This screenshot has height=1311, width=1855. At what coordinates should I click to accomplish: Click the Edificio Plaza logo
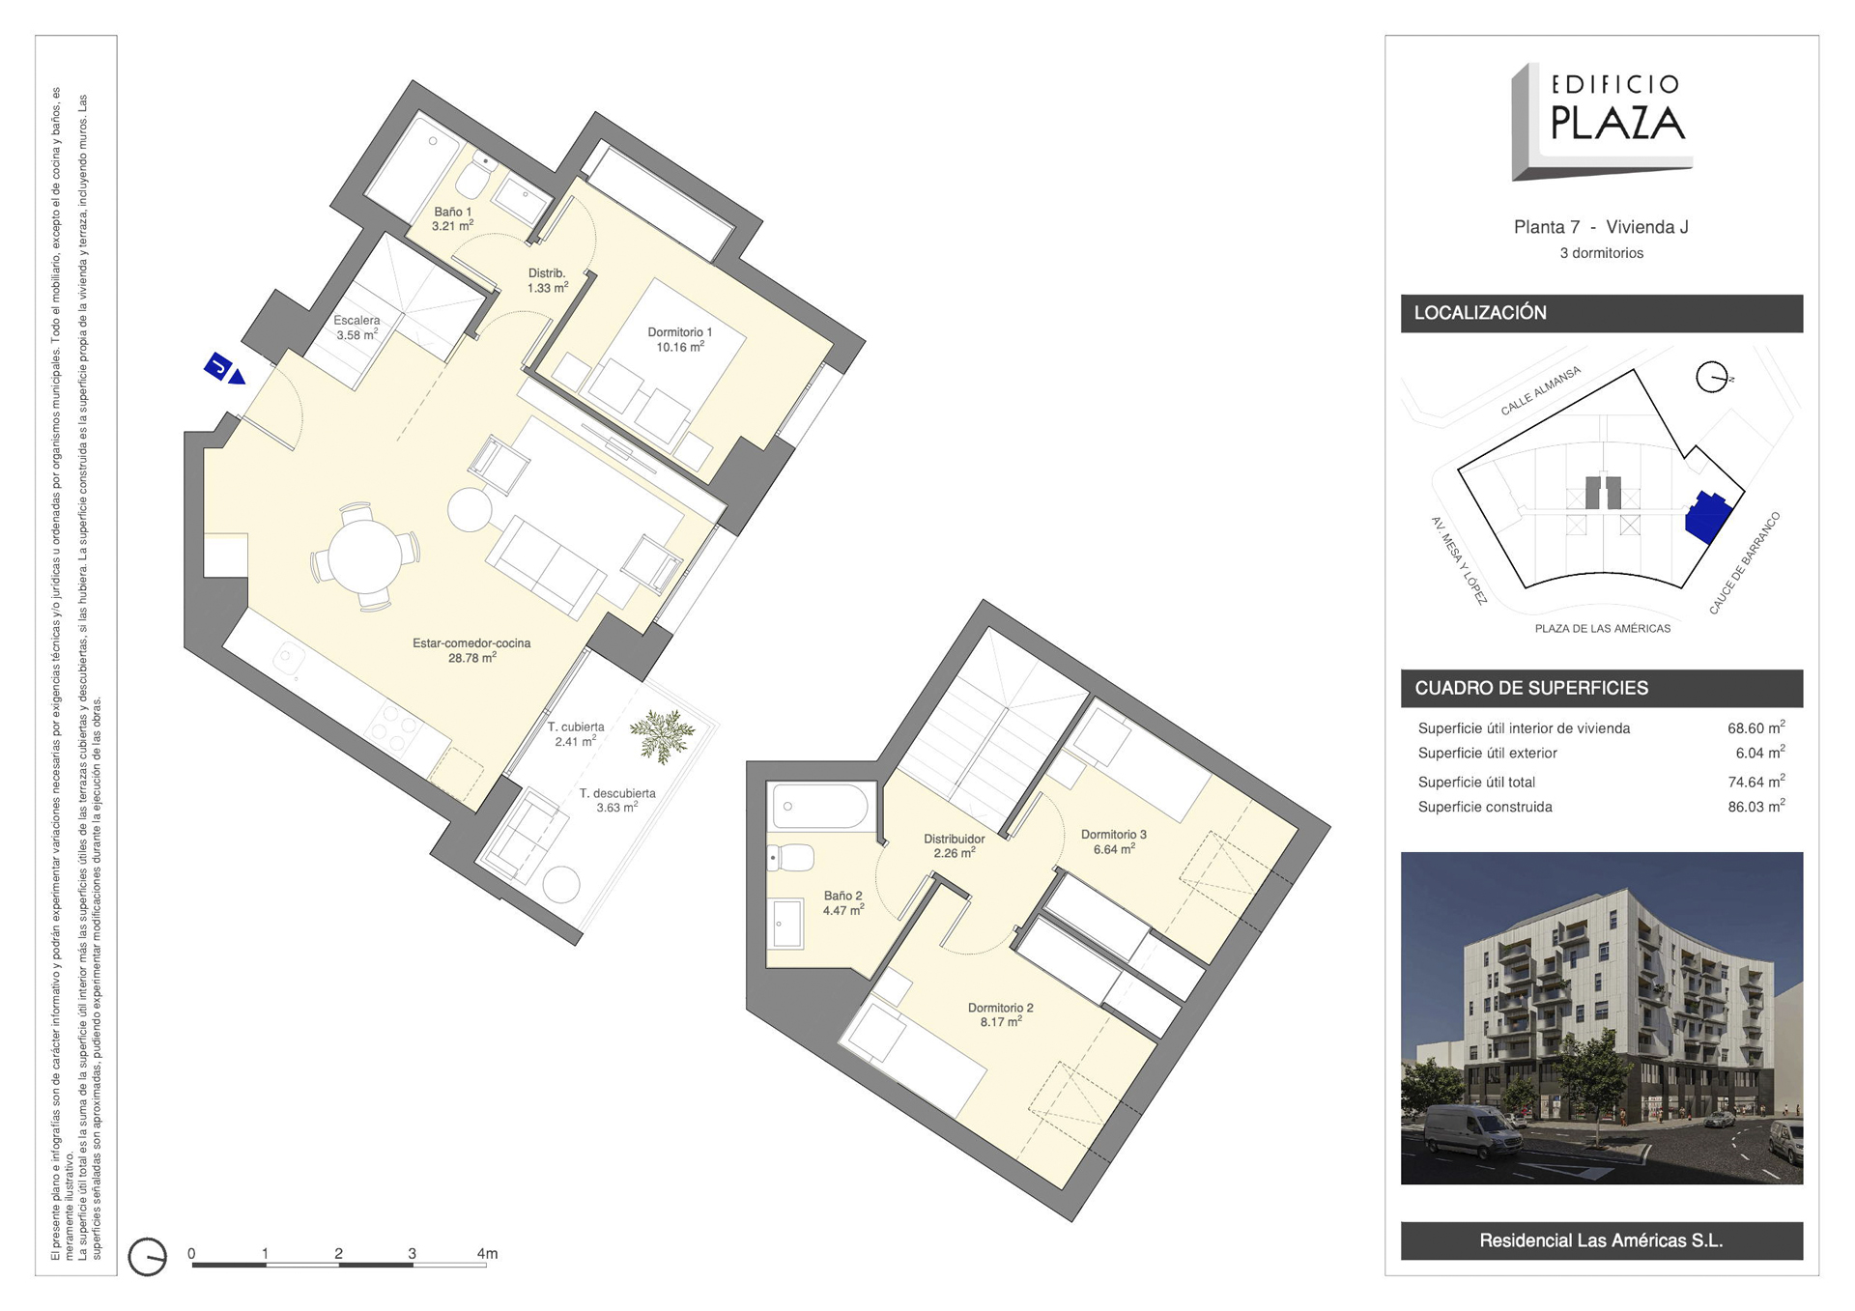(x=1601, y=122)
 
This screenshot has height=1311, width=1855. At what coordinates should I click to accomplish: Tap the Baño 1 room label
(x=452, y=212)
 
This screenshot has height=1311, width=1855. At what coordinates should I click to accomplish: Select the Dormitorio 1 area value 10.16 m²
(x=680, y=347)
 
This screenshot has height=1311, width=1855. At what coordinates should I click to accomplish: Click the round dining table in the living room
(x=365, y=556)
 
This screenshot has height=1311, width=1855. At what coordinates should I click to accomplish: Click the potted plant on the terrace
(x=663, y=734)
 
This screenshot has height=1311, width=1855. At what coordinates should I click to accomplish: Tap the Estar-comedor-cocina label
(x=471, y=643)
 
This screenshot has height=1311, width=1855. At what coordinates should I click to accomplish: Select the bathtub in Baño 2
(x=821, y=806)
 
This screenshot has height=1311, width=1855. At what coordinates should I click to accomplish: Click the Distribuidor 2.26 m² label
(x=954, y=845)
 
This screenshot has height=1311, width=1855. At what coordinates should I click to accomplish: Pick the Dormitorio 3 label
(x=1114, y=835)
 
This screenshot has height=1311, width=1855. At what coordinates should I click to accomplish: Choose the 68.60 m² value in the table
(x=1755, y=728)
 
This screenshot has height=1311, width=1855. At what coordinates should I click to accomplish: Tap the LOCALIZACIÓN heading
(x=1480, y=313)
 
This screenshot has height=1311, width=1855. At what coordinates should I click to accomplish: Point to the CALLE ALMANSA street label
(x=1540, y=390)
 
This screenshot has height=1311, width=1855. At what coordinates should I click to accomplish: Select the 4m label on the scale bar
(x=487, y=1253)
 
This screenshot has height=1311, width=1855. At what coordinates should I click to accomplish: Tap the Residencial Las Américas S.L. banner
(x=1601, y=1240)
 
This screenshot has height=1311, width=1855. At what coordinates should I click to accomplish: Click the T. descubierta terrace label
(x=617, y=793)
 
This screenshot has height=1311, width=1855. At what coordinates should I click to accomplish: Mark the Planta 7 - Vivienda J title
(x=1601, y=227)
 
